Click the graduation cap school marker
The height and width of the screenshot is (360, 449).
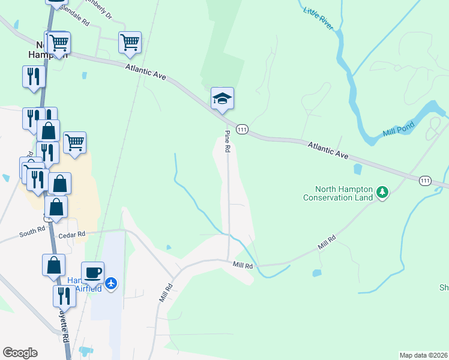(x=222, y=99)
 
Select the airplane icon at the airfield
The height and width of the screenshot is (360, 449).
(x=111, y=282)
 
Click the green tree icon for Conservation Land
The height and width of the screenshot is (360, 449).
(x=382, y=193)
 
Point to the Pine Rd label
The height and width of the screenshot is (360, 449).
(x=228, y=142)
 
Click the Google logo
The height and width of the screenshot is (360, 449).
(x=20, y=353)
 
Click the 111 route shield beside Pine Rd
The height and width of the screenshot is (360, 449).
(x=242, y=129)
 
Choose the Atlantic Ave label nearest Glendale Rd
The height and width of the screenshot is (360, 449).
(x=145, y=73)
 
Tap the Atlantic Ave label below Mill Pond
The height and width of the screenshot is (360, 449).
(x=328, y=151)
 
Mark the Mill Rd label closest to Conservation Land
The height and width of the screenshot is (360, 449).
(x=327, y=242)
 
